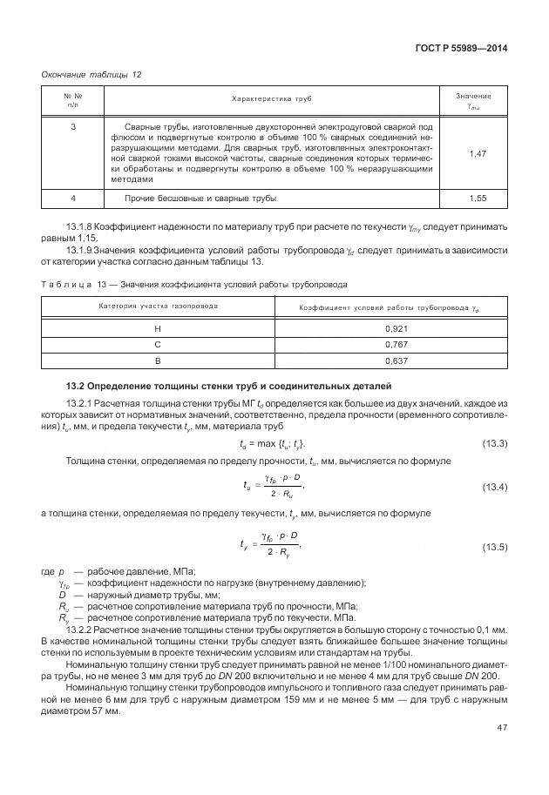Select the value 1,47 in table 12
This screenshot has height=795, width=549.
click(477, 153)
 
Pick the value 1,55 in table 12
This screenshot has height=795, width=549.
click(477, 199)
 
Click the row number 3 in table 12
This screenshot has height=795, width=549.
click(73, 127)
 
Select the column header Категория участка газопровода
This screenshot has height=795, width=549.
click(158, 307)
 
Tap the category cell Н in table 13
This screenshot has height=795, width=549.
click(158, 328)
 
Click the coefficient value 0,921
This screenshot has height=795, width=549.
click(390, 328)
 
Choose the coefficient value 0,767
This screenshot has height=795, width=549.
click(390, 344)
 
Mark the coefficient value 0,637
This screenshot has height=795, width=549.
click(390, 360)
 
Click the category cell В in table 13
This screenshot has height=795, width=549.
click(158, 360)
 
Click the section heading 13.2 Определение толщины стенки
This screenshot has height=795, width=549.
click(229, 385)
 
